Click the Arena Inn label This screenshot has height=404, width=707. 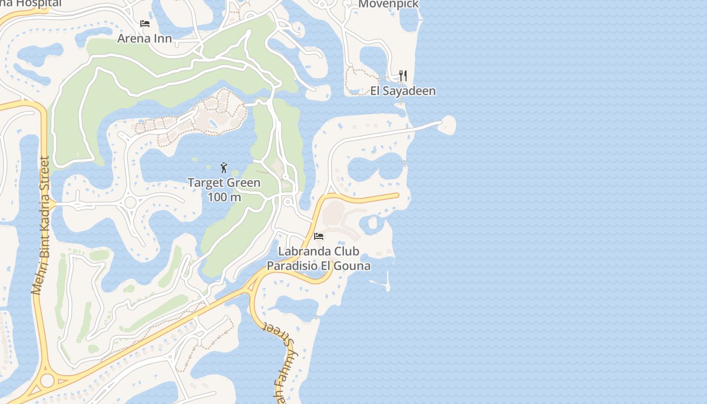[144, 38]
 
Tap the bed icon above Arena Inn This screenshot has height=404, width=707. [145, 24]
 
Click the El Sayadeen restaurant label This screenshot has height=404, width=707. [403, 91]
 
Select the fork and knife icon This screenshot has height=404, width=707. [403, 76]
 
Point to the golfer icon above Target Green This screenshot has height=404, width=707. [224, 168]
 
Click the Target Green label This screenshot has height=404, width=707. [224, 183]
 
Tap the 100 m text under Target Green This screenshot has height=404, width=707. [224, 197]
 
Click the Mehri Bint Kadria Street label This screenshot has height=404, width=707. [41, 225]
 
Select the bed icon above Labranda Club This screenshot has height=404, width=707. [318, 236]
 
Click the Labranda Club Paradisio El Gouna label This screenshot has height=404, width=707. [319, 258]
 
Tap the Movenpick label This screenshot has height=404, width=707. [388, 4]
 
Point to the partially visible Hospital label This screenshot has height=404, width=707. [30, 4]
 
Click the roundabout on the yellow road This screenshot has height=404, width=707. [47, 380]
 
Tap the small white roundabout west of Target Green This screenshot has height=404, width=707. [130, 203]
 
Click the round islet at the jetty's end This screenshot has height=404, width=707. [447, 124]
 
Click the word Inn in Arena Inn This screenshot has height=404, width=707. [163, 38]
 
